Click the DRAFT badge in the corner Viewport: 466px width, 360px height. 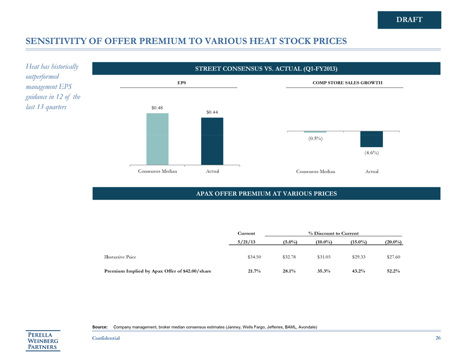[x=409, y=20]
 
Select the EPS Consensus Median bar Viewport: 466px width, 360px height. [x=158, y=139]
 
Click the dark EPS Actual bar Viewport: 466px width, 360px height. [x=212, y=141]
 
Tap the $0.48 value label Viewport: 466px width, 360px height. [x=157, y=108]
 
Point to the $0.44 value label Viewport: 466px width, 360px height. [x=212, y=112]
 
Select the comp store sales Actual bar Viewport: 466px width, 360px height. [x=371, y=139]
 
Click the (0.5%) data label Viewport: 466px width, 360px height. [x=316, y=139]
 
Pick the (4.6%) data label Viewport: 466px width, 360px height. [x=371, y=153]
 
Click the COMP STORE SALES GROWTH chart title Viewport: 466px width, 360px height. [x=347, y=83]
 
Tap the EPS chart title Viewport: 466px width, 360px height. [x=181, y=83]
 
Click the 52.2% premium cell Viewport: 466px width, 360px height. [x=392, y=271]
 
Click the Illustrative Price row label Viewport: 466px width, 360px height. [x=119, y=257]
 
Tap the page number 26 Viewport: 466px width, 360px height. [x=437, y=338]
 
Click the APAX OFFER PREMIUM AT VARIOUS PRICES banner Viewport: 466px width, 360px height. [x=266, y=194]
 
